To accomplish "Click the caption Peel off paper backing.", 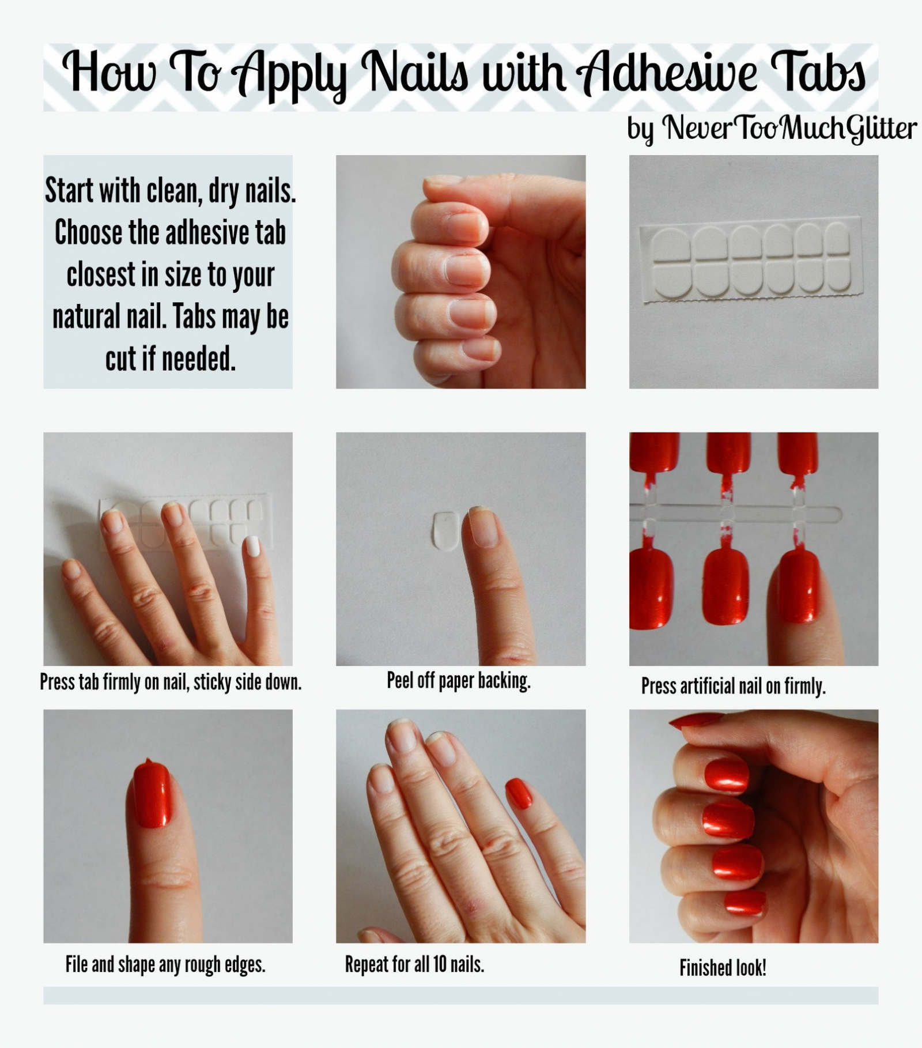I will pyautogui.click(x=458, y=681).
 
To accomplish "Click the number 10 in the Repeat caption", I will pyautogui.click(x=440, y=964).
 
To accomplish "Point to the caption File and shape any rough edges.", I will pyautogui.click(x=165, y=964).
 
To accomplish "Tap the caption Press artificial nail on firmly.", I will pyautogui.click(x=733, y=686).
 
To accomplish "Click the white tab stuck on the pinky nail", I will pyautogui.click(x=252, y=545).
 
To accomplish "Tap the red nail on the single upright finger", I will pyautogui.click(x=153, y=796).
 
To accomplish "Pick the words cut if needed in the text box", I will pyautogui.click(x=170, y=359).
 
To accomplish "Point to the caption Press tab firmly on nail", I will pyautogui.click(x=171, y=682).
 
